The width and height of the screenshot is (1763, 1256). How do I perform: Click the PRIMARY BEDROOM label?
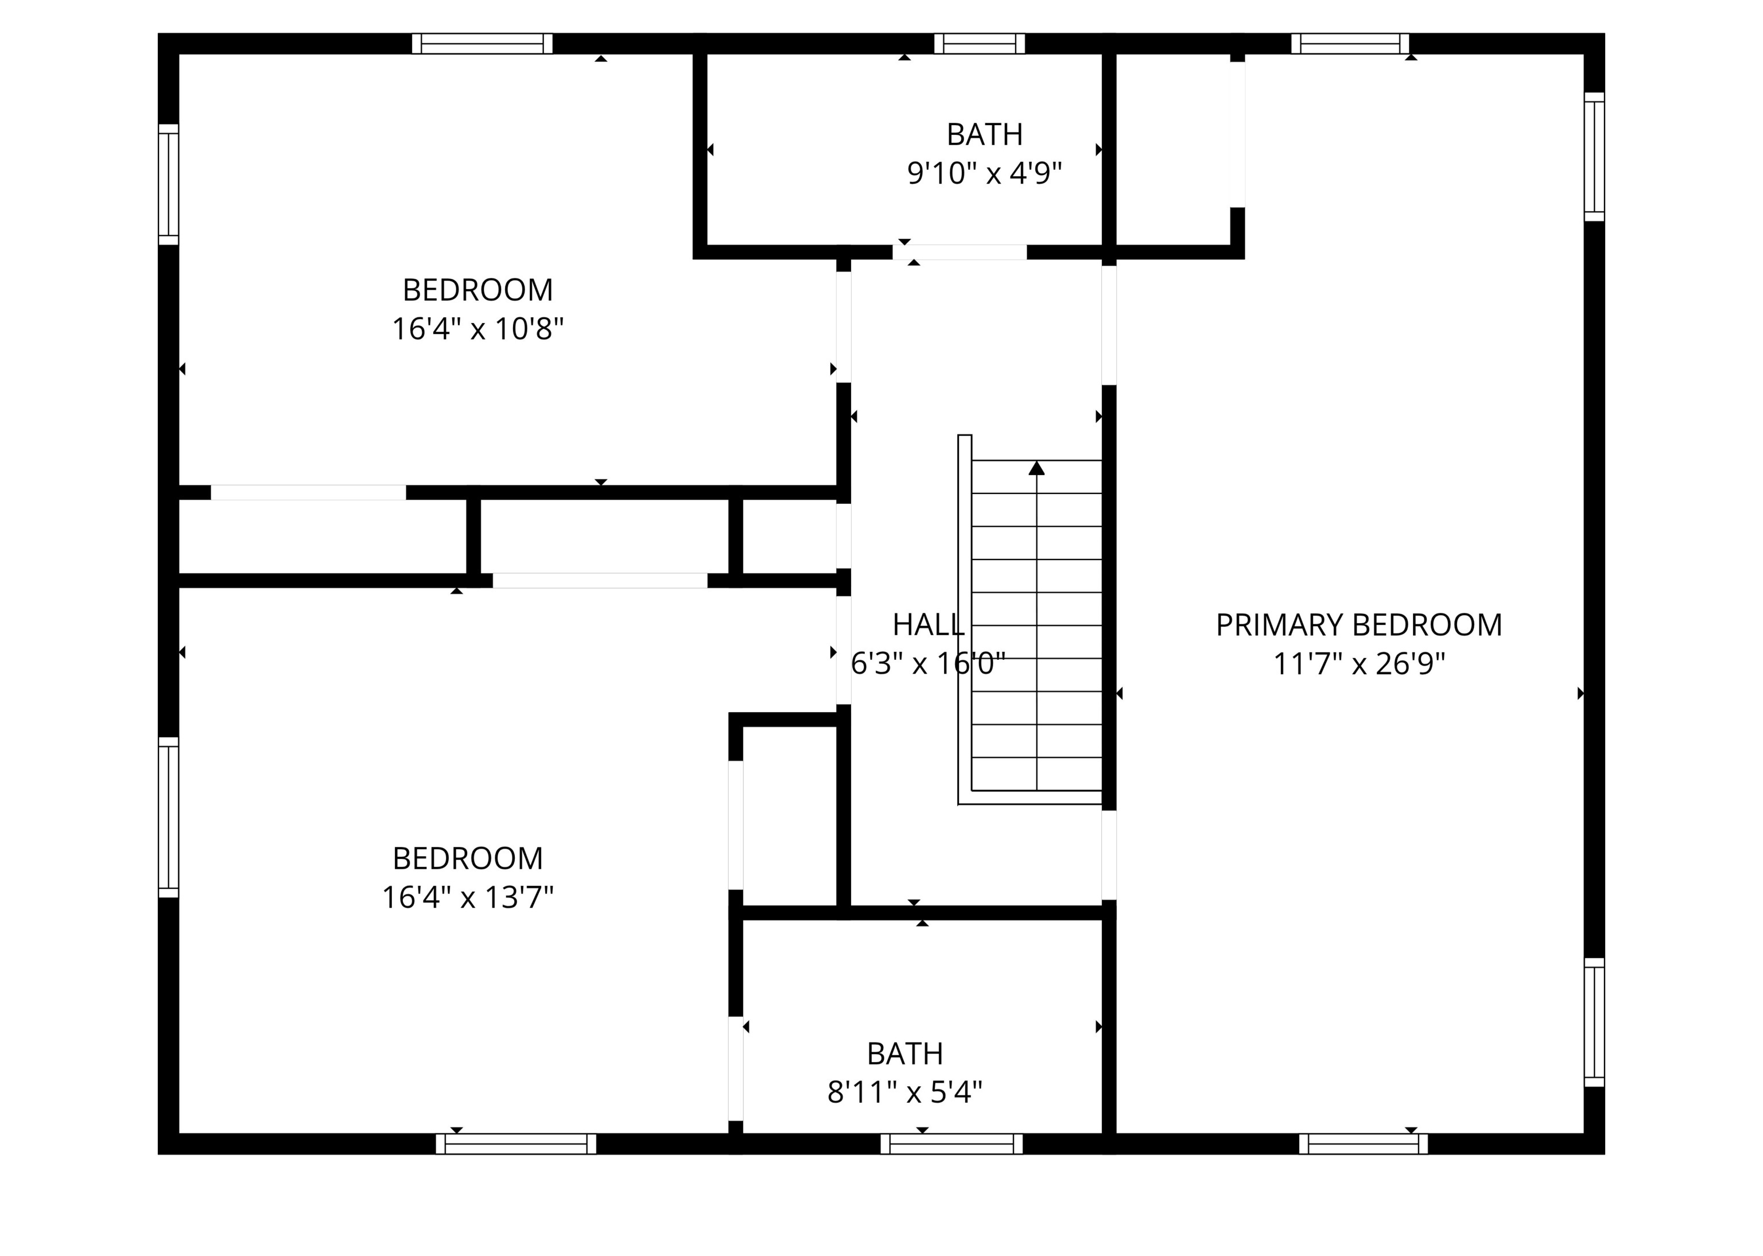pos(1358,625)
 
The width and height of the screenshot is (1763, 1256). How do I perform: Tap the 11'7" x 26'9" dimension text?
pos(1358,664)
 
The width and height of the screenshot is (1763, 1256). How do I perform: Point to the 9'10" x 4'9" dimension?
pos(984,173)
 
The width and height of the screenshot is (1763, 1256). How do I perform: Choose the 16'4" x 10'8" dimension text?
pos(477,329)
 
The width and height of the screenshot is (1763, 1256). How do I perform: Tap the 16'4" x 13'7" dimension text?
pos(467,897)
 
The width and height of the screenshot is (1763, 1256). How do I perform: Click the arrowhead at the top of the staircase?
pos(1036,468)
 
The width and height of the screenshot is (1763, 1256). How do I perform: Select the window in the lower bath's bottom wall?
pos(951,1144)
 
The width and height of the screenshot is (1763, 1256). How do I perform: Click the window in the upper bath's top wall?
pos(980,43)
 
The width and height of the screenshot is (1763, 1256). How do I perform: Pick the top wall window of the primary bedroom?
pos(1349,43)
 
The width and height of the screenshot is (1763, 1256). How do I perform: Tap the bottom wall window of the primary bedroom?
pos(1363,1144)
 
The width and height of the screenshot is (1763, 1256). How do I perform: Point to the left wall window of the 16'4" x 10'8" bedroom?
pos(169,184)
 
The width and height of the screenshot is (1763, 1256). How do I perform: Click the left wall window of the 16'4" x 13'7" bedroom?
pos(169,818)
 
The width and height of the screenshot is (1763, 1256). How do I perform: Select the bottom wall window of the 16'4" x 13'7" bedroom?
pos(516,1144)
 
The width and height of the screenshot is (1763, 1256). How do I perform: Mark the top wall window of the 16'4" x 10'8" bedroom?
pos(482,43)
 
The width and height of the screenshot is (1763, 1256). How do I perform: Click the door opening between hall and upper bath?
pos(959,252)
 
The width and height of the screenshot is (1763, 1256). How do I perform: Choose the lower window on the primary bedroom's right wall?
pos(1594,1022)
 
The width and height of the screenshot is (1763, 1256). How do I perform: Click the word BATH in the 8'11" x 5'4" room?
pos(904,1053)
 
